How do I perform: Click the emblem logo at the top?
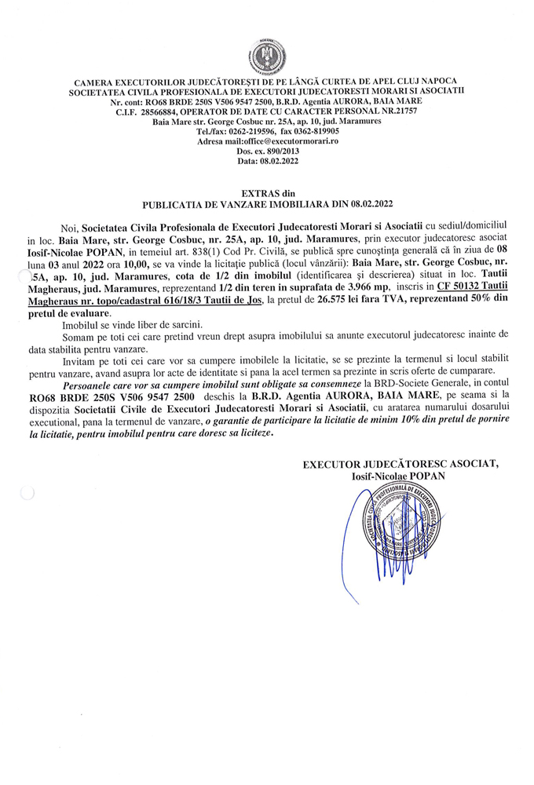point(267,57)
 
